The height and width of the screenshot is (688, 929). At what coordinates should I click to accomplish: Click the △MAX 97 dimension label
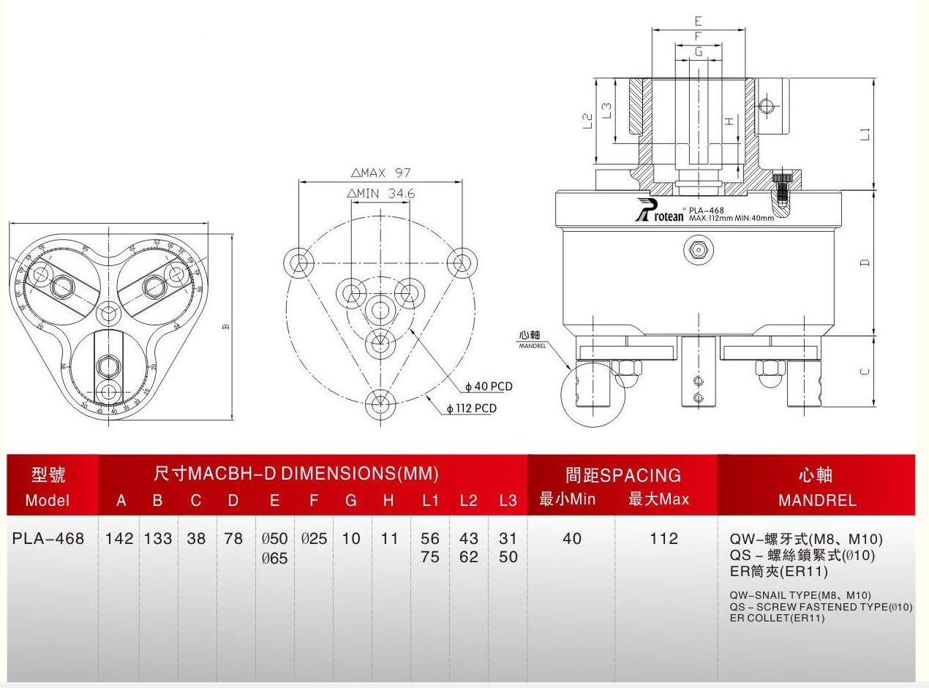click(380, 173)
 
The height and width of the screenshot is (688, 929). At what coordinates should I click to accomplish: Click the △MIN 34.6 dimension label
click(380, 194)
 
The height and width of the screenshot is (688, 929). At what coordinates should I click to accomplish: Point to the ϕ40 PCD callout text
click(489, 387)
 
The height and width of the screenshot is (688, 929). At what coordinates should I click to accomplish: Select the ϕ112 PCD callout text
click(471, 409)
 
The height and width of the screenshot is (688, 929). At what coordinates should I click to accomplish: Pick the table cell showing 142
click(119, 539)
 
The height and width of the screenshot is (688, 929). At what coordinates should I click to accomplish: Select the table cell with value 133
click(157, 539)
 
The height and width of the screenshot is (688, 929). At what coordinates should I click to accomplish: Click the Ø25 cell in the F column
click(314, 539)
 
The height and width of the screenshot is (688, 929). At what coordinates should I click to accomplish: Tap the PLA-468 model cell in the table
click(48, 539)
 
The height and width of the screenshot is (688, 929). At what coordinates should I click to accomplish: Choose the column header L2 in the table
click(468, 501)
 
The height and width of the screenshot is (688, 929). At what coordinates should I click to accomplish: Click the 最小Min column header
click(568, 500)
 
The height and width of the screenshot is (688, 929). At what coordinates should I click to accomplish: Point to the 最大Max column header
click(658, 500)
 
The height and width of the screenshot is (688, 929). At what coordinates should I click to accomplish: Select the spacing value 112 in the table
click(663, 539)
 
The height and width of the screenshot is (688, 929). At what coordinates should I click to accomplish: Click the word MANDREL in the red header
click(817, 501)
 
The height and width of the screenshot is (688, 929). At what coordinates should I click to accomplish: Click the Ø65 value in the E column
click(274, 558)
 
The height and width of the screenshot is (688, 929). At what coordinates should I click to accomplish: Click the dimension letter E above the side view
click(698, 20)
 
